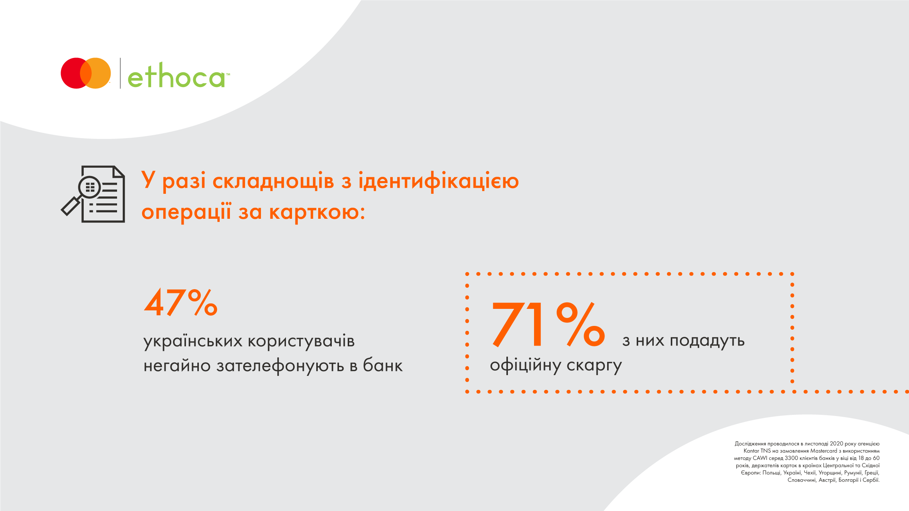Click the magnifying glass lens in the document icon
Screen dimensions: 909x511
click(x=89, y=187)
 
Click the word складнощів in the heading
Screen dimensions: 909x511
click(x=273, y=181)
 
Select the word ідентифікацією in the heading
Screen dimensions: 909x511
click(x=439, y=181)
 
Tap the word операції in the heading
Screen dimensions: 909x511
click(x=186, y=212)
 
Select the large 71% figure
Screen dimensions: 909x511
click(x=548, y=324)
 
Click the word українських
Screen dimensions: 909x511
click(x=193, y=341)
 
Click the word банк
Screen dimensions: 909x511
click(x=383, y=365)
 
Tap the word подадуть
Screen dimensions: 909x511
click(x=707, y=341)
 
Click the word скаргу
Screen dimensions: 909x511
click(x=594, y=366)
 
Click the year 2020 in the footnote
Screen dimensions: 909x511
click(x=836, y=444)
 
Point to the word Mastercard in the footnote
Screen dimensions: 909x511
click(x=824, y=451)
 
